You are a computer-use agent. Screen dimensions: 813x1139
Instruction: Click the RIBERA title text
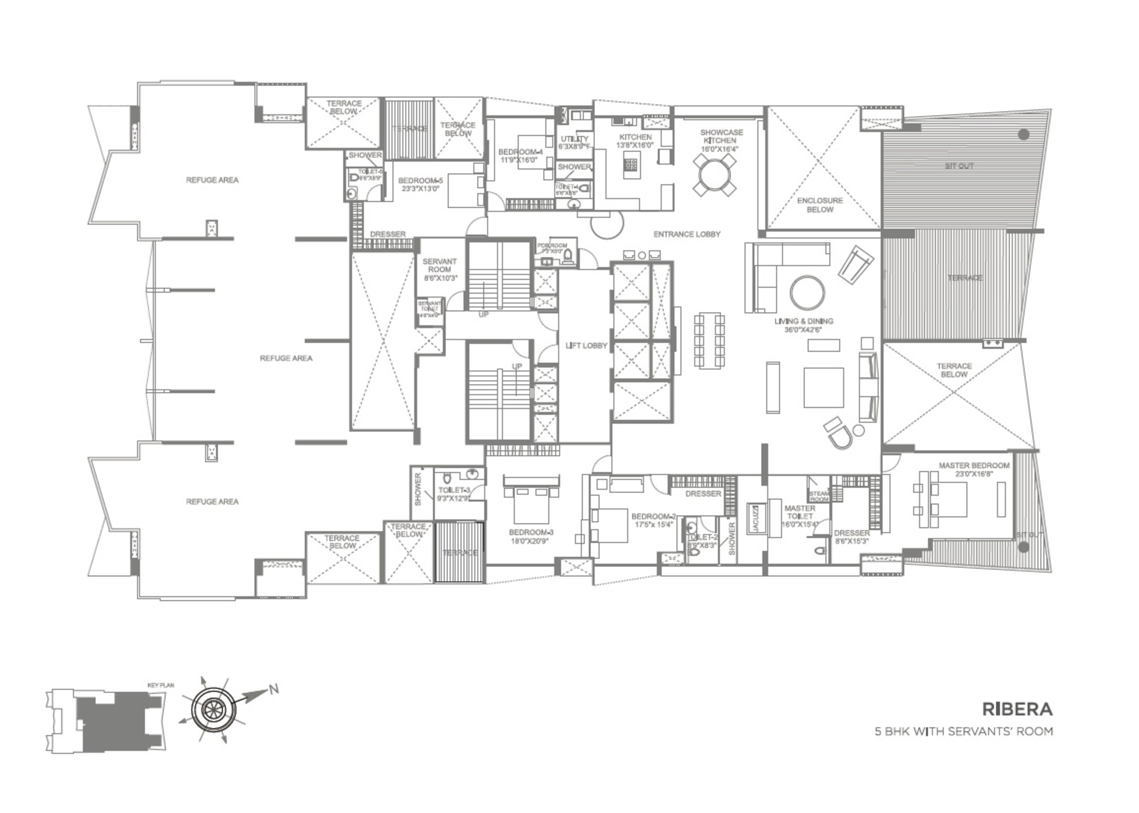[x=1017, y=709]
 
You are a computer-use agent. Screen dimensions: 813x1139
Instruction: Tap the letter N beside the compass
[x=273, y=689]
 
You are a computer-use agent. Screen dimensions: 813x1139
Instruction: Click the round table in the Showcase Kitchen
[x=715, y=174]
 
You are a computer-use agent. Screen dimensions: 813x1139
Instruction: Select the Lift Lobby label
[x=586, y=346]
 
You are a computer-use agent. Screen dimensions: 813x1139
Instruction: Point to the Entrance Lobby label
[x=687, y=234]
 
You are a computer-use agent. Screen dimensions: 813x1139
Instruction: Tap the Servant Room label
[x=439, y=265]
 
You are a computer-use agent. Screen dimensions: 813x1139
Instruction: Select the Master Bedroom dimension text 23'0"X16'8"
[x=974, y=473]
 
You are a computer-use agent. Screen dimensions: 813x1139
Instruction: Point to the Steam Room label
[x=819, y=496]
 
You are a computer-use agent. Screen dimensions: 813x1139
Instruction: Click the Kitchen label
[x=635, y=137]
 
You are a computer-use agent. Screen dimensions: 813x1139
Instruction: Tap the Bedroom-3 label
[x=531, y=532]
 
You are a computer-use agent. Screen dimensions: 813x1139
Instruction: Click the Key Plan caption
[x=161, y=685]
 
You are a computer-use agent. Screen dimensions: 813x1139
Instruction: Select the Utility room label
[x=574, y=139]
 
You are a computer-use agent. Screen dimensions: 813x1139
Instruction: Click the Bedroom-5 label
[x=420, y=181]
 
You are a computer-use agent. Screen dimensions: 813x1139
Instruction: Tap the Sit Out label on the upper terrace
[x=959, y=166]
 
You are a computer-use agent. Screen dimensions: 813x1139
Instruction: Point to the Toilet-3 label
[x=454, y=490]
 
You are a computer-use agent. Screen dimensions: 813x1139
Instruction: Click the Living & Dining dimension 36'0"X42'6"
[x=803, y=329]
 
